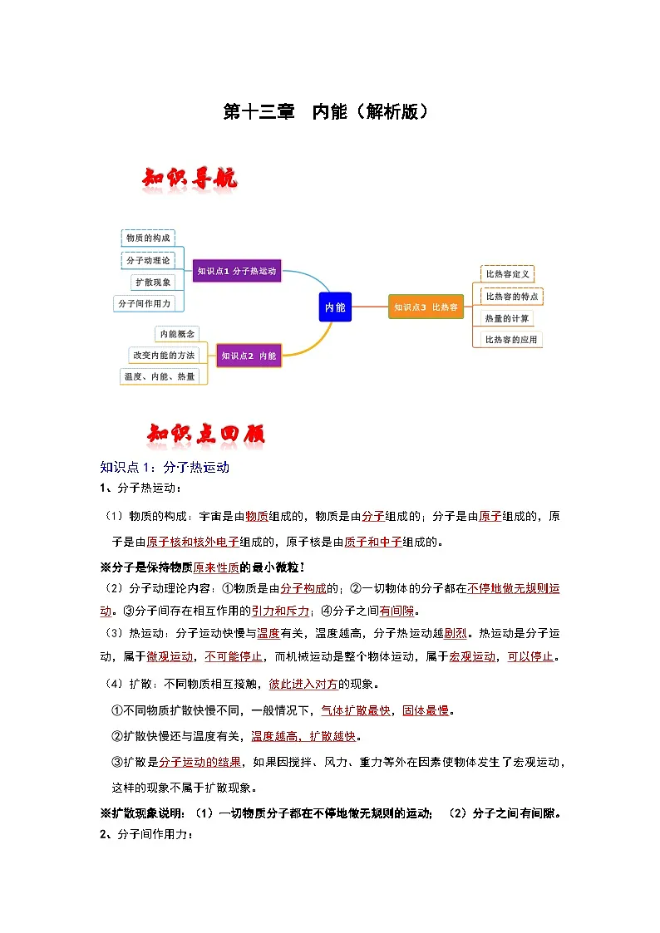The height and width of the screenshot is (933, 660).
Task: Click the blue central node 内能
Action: (335, 307)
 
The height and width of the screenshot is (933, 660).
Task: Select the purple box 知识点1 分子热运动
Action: (237, 270)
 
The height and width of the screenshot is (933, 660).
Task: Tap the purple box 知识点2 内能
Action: (249, 356)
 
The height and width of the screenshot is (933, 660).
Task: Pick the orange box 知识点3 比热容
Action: (426, 307)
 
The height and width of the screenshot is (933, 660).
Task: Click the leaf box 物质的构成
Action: (148, 238)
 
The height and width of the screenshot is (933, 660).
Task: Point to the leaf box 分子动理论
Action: (148, 260)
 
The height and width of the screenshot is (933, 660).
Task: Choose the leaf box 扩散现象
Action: (153, 282)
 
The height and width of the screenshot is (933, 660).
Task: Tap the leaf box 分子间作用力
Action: (144, 303)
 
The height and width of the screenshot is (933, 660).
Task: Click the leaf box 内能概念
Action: (177, 333)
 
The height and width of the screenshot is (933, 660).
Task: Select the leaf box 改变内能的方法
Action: (164, 355)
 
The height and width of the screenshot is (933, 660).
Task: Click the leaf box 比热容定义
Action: (508, 273)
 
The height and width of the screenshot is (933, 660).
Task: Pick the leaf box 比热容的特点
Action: (512, 296)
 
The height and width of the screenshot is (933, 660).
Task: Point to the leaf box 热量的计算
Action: (507, 317)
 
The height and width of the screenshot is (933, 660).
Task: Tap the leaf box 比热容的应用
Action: (512, 339)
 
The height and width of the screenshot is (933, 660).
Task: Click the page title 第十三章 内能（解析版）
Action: (329, 112)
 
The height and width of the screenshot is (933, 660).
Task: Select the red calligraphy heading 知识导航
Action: (190, 179)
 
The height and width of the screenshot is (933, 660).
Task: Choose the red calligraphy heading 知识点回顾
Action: (206, 434)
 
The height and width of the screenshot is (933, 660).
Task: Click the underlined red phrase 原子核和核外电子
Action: (193, 543)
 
